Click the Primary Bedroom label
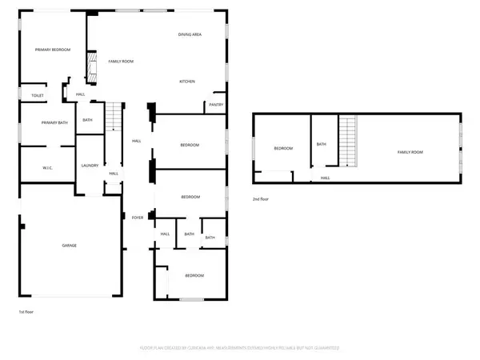coord(53,50)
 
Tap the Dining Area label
coord(190,35)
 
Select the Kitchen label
coord(187,82)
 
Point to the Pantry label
coord(215,105)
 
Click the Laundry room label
coord(90,166)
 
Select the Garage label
coord(70,245)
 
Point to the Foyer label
coord(137,217)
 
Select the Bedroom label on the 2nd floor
coord(284,148)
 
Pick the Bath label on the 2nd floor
coord(322,144)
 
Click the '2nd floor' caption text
coord(262,198)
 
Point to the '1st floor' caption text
coord(27,311)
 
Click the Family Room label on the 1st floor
coord(121,61)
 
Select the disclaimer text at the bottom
coord(240,349)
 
